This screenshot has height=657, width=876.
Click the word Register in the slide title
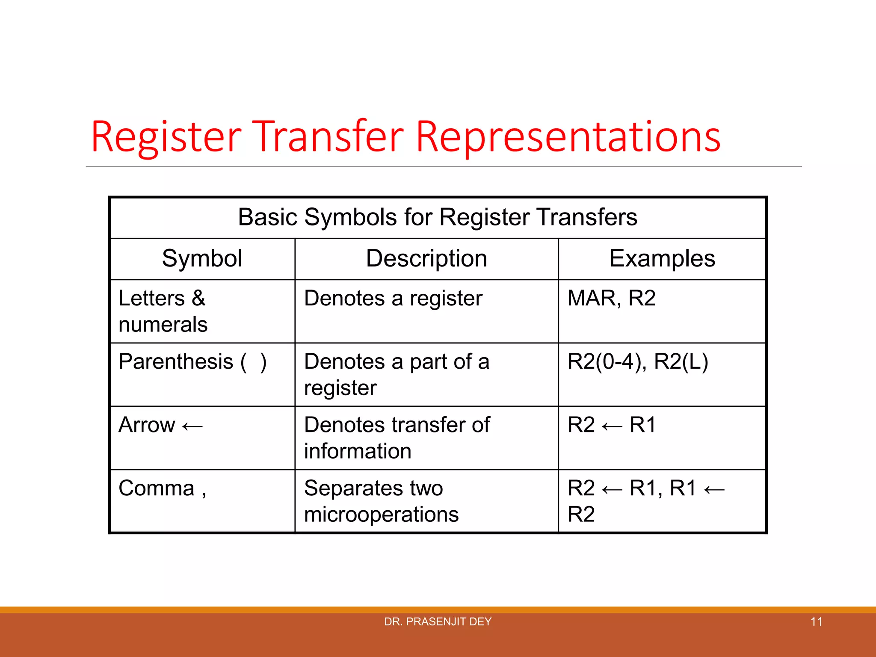tap(166, 137)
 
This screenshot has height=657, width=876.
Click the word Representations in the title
tap(568, 137)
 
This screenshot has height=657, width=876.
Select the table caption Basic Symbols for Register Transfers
tap(438, 217)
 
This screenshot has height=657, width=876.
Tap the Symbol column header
tap(202, 258)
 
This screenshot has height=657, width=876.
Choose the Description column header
tap(426, 258)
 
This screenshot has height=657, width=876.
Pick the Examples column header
tap(662, 258)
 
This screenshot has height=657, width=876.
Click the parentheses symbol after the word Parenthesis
tap(254, 362)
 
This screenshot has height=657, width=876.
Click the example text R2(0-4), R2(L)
tap(637, 361)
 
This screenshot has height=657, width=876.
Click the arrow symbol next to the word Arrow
tap(192, 426)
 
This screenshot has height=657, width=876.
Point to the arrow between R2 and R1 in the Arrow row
tap(612, 426)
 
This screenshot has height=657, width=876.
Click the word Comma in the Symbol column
tap(157, 488)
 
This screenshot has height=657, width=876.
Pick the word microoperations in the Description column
tap(381, 514)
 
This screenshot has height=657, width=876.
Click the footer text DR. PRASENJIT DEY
tap(438, 621)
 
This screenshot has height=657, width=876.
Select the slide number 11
tap(816, 621)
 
